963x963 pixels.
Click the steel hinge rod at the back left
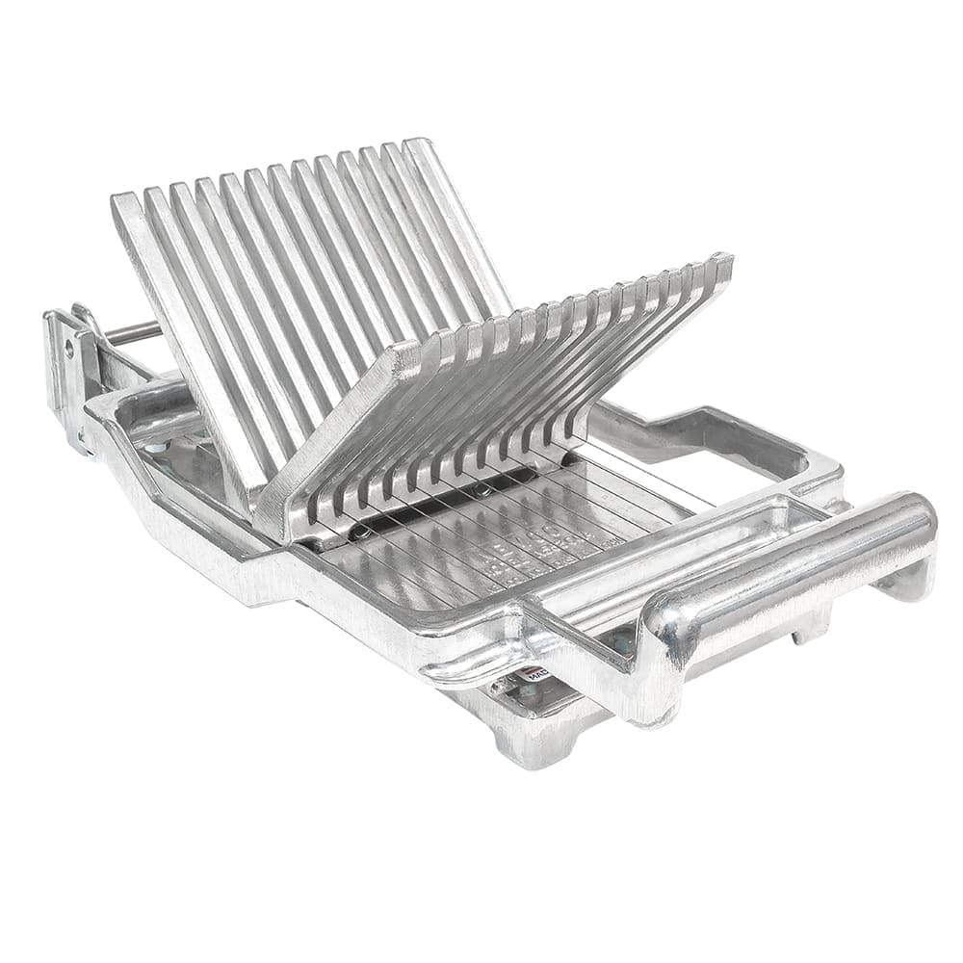click(134, 333)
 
